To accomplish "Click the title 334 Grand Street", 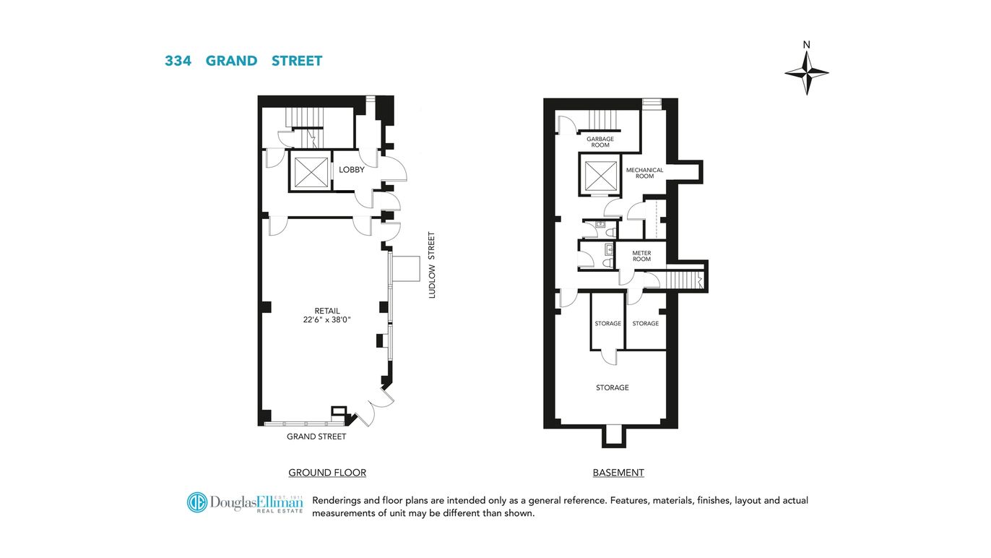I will [x=243, y=61].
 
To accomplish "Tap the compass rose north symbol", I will [x=807, y=71].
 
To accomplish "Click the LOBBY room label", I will [x=352, y=170].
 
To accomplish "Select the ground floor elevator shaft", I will [x=308, y=172].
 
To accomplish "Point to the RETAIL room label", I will [x=327, y=311].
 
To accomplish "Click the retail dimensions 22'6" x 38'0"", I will [x=327, y=319].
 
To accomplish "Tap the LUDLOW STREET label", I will [x=432, y=265].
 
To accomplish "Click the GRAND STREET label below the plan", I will [x=316, y=437].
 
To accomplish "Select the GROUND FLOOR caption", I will [x=327, y=473].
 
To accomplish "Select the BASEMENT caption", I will [x=618, y=473].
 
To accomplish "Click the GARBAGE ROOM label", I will [x=600, y=142].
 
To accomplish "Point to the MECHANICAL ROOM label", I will [x=644, y=173].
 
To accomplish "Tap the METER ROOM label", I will [x=641, y=256].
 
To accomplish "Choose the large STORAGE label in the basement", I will [x=612, y=387].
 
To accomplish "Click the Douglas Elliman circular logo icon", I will [x=197, y=502].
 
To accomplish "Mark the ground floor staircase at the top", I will [x=303, y=117].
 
